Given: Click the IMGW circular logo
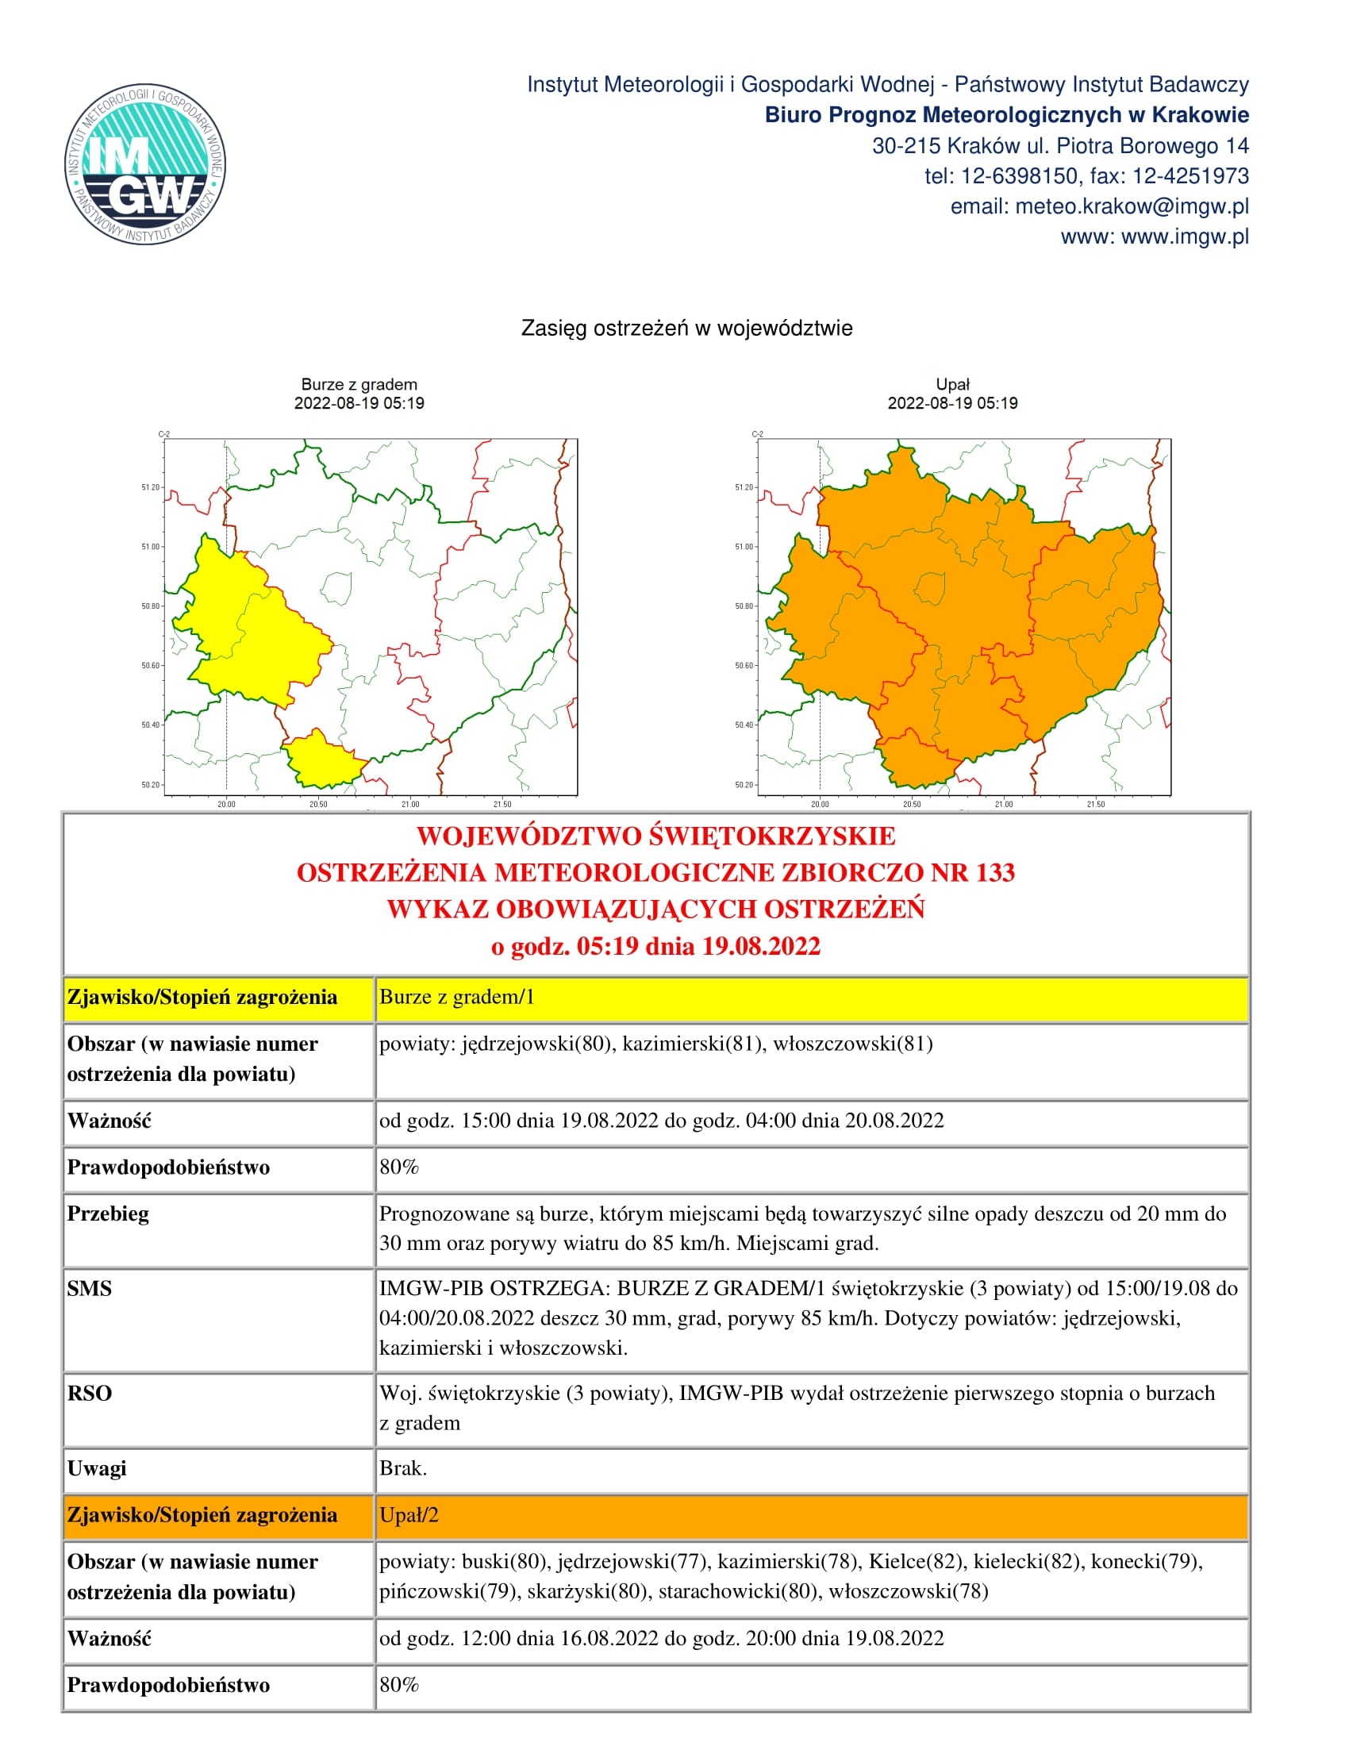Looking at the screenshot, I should tap(144, 164).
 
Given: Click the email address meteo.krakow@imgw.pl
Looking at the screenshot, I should tap(1131, 206).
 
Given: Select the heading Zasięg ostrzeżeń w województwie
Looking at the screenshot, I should tap(686, 328).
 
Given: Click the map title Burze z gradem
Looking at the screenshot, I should tap(359, 385).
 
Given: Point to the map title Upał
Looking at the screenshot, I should tap(951, 385).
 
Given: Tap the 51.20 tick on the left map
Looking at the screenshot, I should tap(150, 486).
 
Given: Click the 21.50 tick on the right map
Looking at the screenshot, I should tap(1095, 804).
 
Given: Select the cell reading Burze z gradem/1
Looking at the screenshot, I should tap(456, 997).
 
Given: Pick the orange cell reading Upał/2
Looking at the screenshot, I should tap(409, 1515).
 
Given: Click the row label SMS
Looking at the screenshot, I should tap(90, 1289).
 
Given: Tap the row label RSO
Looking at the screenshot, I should tap(90, 1394).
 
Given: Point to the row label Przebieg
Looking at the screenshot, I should tap(108, 1213).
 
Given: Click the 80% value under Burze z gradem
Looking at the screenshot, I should tap(399, 1167).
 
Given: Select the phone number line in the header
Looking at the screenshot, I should tap(1086, 176).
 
